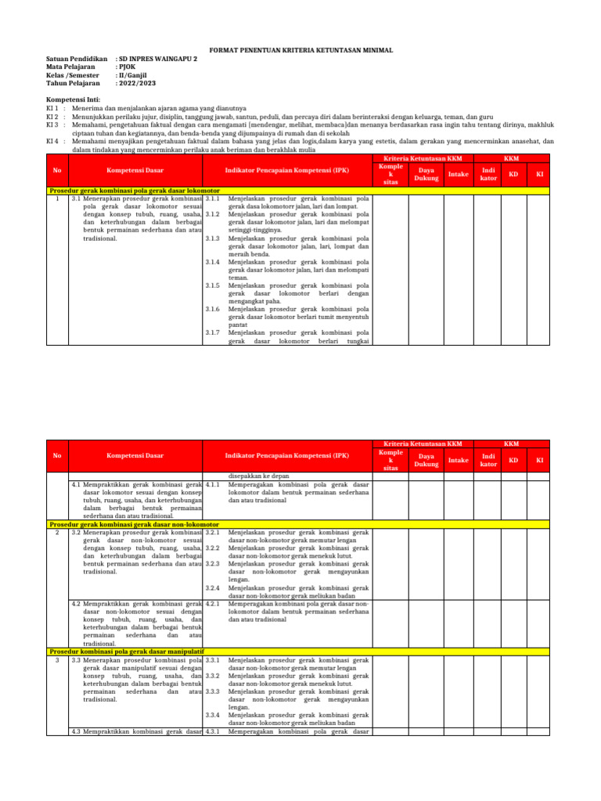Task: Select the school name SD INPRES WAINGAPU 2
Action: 157,59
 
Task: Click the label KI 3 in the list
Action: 53,124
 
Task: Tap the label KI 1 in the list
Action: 53,108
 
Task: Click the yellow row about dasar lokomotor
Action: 134,191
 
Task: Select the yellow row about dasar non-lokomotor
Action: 134,524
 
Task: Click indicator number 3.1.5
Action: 213,286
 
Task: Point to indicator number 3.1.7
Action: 213,332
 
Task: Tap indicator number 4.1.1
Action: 213,484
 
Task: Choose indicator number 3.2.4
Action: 213,587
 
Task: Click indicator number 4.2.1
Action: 213,603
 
